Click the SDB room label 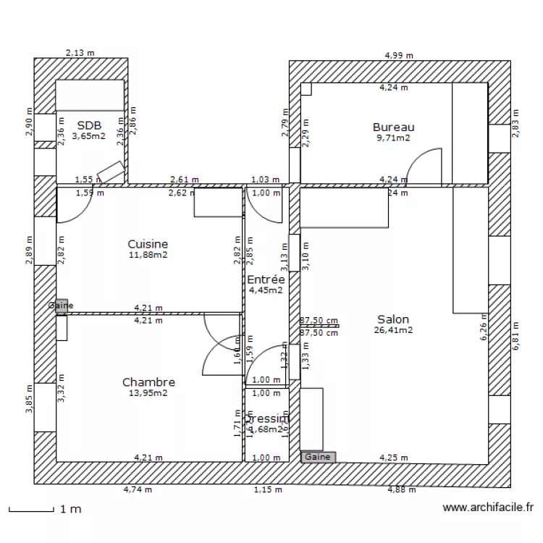[x=90, y=125]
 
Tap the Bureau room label [x=393, y=127]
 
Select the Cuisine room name [x=148, y=245]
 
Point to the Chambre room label [x=148, y=382]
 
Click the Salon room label [x=393, y=319]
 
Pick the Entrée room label [x=266, y=279]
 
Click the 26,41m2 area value [x=393, y=330]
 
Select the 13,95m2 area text [x=148, y=393]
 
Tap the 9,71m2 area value [x=393, y=138]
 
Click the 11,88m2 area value [x=148, y=255]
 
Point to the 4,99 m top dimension [x=399, y=55]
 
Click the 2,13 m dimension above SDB [x=80, y=52]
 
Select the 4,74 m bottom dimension [x=138, y=490]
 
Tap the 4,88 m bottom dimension [x=402, y=490]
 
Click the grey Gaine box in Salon [x=317, y=457]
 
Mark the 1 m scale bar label [x=70, y=510]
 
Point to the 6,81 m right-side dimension [x=516, y=337]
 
